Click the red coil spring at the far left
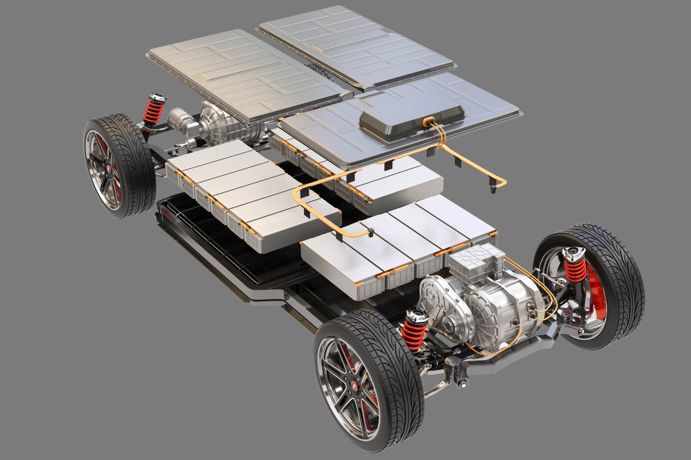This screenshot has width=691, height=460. tap(157, 112)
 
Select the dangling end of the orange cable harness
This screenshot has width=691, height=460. tap(494, 187)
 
